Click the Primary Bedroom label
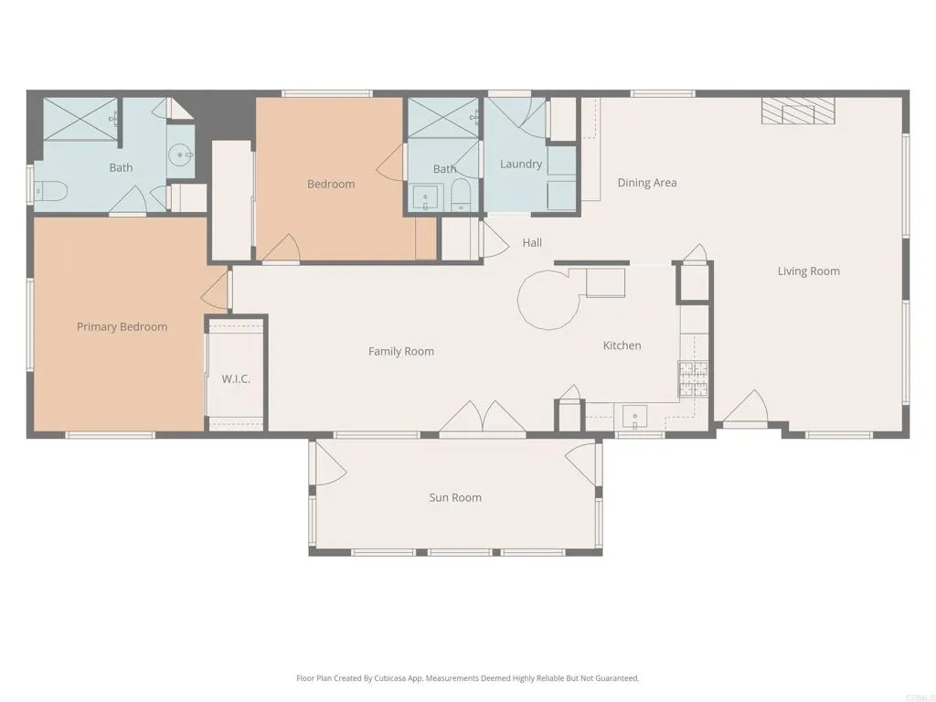pos(122,327)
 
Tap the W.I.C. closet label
pos(236,378)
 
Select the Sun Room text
pos(455,498)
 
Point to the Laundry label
pos(521,165)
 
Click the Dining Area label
pos(647,183)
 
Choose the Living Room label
pos(808,271)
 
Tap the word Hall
pos(532,243)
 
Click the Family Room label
pos(400,352)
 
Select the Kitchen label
pos(622,346)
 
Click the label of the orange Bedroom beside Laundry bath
pos(330,185)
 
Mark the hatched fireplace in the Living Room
pos(799,111)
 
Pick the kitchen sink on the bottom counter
pos(634,417)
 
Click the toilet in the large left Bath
pos(51,192)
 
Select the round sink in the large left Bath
pos(180,156)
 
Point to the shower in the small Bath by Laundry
pos(442,118)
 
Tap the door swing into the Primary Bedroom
pos(215,291)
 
